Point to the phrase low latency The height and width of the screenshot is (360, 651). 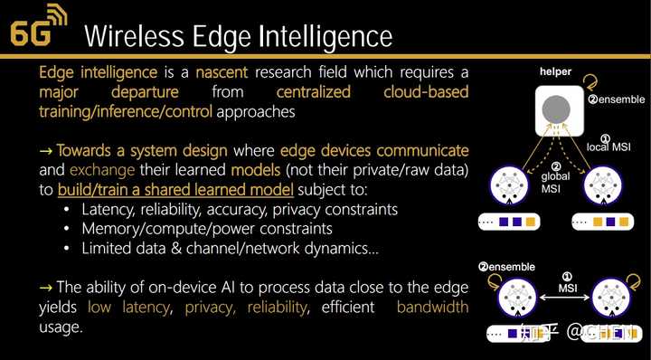pyautogui.click(x=128, y=307)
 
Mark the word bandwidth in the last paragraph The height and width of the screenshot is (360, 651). pyautogui.click(x=432, y=307)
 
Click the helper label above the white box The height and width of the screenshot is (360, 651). pyautogui.click(x=556, y=71)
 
